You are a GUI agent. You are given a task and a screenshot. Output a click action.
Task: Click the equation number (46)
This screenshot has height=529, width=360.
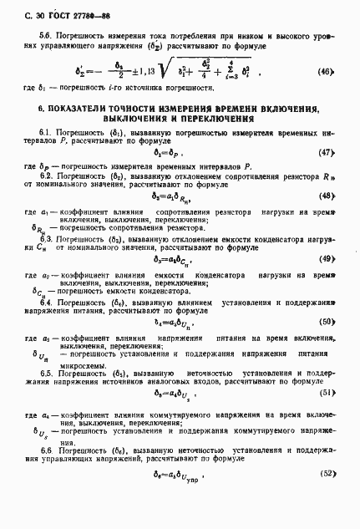[x=328, y=95]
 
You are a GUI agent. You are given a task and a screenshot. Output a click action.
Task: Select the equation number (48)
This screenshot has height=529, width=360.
[x=327, y=219]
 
